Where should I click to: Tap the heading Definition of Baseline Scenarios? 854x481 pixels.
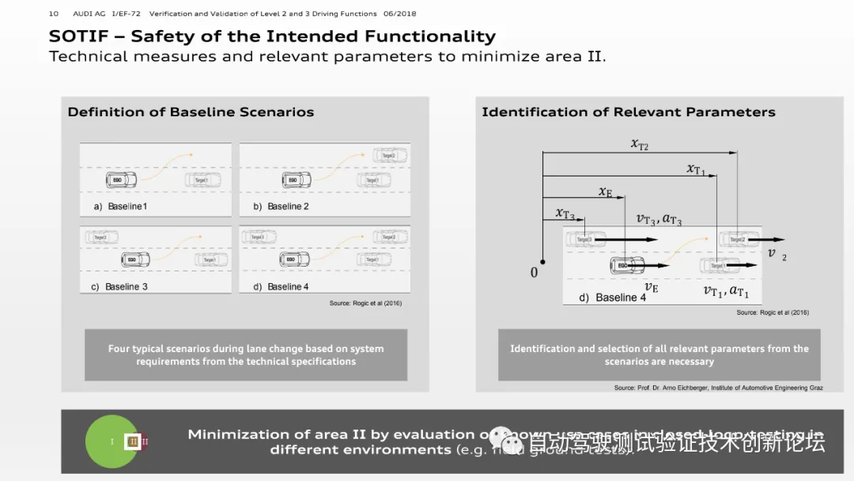click(191, 112)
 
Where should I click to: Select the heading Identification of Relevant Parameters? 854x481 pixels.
click(628, 112)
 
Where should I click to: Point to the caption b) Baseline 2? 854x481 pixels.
click(281, 206)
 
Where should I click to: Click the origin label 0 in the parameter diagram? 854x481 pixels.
click(534, 273)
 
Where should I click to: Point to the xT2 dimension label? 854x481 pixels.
click(639, 144)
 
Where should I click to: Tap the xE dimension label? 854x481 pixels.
click(605, 192)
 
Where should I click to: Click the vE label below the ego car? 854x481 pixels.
click(652, 288)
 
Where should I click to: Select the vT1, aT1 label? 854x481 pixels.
click(726, 291)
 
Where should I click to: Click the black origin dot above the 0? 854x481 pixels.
click(542, 261)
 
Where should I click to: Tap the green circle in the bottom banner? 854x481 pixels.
click(111, 441)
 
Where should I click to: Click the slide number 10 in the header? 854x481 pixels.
click(54, 13)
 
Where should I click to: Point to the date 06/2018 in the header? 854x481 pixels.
click(399, 13)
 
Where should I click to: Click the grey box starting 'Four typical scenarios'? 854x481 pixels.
click(246, 354)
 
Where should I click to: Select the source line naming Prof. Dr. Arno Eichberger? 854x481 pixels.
click(718, 388)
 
